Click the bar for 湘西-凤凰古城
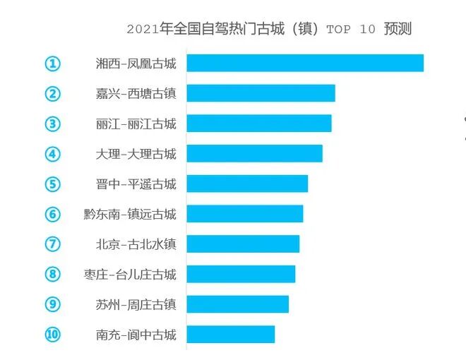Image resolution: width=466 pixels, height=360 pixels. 305,64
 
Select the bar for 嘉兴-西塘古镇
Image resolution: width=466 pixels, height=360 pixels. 261,93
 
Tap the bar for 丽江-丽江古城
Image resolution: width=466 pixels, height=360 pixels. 258,124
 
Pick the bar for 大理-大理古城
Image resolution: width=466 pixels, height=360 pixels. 254,153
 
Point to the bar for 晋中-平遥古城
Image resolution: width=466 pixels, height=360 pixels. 247,184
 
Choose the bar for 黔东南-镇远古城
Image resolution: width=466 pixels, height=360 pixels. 244,214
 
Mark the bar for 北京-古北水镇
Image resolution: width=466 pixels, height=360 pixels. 243,244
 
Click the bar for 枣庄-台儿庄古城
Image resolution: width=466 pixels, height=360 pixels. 241,274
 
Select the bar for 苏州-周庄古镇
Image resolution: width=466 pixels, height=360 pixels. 237,304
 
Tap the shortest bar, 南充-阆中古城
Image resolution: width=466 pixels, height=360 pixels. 230,335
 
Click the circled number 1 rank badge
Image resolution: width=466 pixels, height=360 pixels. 53,64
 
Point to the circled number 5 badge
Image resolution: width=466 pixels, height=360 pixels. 53,184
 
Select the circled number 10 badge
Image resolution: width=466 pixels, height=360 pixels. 53,335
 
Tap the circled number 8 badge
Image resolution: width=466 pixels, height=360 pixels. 53,274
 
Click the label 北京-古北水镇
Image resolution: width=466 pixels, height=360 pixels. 136,244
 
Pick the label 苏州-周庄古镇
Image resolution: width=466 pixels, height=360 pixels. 136,304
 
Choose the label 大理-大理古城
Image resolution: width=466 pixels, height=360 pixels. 136,153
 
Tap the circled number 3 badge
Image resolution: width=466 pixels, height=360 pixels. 53,124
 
